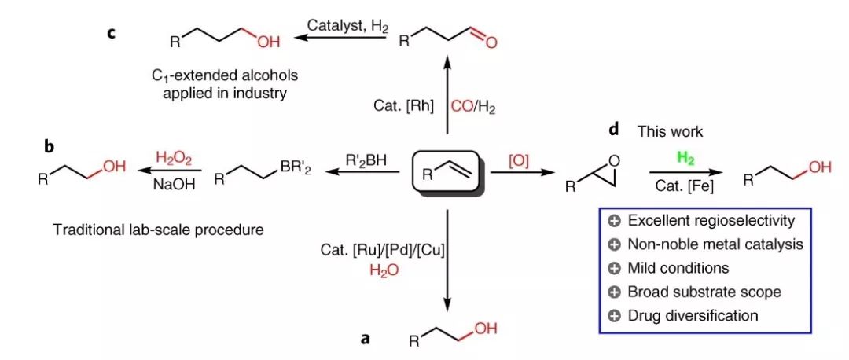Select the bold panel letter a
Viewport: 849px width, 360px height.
point(364,339)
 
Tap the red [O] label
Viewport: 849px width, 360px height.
point(520,160)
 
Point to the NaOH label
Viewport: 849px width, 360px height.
point(172,183)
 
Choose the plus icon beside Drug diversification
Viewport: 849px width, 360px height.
point(616,316)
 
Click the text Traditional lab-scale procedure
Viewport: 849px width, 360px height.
point(158,230)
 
